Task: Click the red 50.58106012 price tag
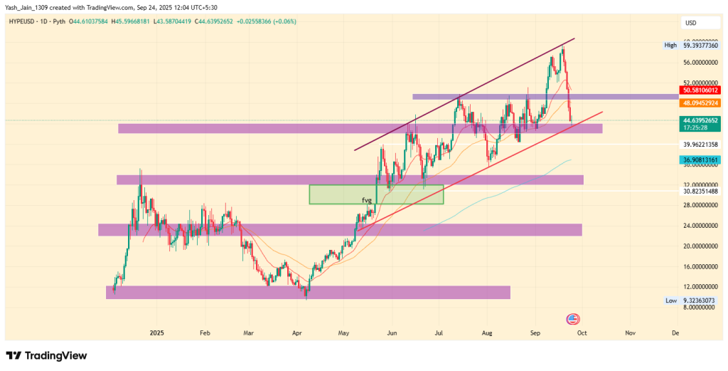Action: [x=700, y=90]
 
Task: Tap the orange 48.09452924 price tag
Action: [x=700, y=103]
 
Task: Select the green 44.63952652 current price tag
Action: [x=700, y=120]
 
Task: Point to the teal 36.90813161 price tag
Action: [x=700, y=160]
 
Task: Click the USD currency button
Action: [x=690, y=23]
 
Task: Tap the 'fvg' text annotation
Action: [x=367, y=200]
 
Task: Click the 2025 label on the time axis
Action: [x=156, y=333]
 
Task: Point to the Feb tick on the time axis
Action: [x=205, y=333]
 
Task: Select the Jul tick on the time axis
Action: [x=439, y=333]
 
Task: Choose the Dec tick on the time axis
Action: [x=675, y=333]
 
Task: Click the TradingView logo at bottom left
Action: [x=46, y=355]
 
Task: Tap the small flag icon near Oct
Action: [x=571, y=318]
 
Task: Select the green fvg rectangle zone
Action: [x=376, y=194]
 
